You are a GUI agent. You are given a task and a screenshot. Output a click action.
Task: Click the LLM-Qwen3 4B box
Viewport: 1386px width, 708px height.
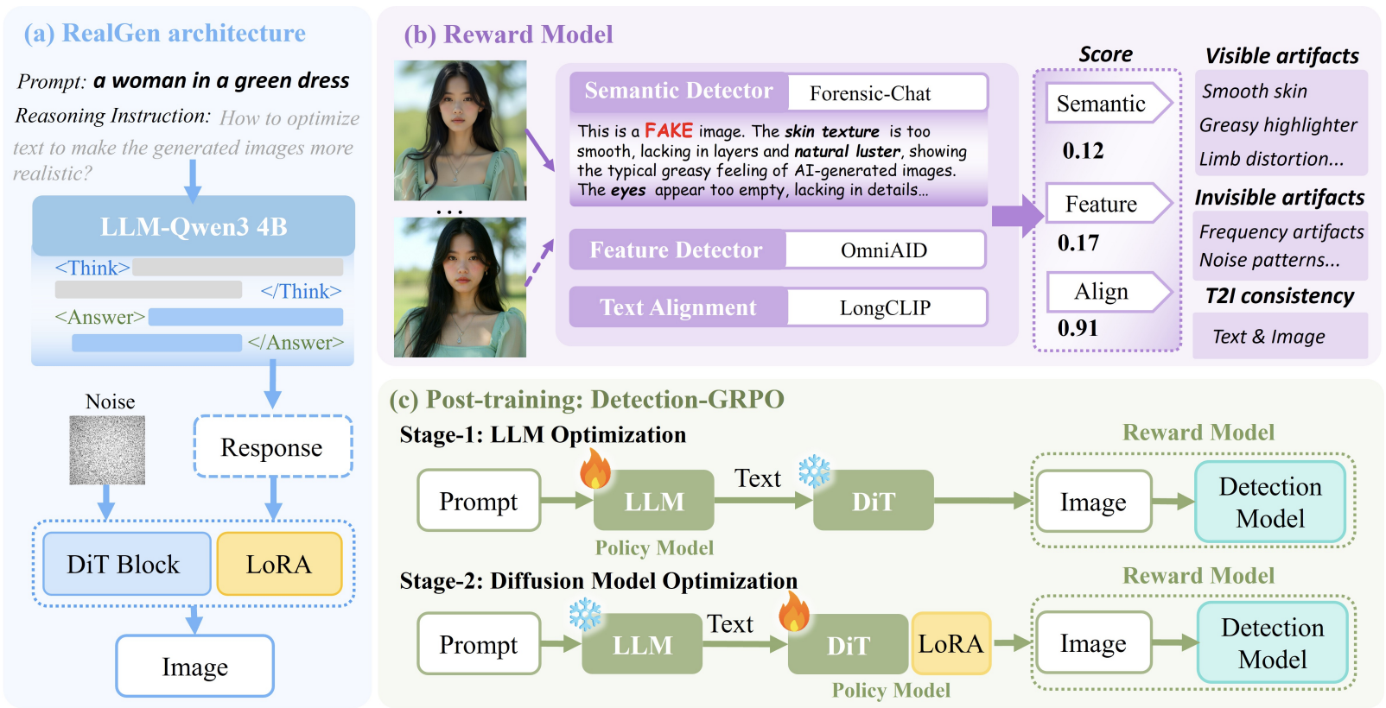(x=194, y=226)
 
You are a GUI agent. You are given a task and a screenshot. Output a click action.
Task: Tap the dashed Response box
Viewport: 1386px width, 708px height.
(x=272, y=447)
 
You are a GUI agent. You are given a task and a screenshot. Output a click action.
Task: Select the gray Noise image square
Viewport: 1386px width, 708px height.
(x=107, y=450)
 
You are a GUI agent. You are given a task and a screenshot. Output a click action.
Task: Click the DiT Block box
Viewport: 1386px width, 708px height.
(x=123, y=564)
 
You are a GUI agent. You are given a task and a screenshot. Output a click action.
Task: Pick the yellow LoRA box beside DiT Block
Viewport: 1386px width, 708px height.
(x=279, y=564)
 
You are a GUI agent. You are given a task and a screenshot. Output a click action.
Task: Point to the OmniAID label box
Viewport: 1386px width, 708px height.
(x=884, y=250)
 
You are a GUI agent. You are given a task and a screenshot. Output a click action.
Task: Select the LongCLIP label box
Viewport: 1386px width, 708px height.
(x=886, y=308)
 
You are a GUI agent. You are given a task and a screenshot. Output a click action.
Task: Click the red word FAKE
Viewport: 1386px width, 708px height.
(x=669, y=130)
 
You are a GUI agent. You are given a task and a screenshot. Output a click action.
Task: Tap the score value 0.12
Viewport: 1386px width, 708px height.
(x=1084, y=151)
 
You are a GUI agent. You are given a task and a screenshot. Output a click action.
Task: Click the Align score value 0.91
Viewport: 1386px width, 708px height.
(x=1078, y=328)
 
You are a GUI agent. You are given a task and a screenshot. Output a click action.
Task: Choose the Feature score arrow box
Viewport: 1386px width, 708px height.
(x=1105, y=204)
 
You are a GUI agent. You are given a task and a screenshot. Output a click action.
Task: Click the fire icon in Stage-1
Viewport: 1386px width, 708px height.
(x=595, y=471)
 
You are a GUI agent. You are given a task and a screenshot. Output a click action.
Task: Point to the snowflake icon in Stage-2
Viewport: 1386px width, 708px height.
(x=585, y=614)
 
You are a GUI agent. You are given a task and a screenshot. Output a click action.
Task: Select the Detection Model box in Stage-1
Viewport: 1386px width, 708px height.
(x=1270, y=502)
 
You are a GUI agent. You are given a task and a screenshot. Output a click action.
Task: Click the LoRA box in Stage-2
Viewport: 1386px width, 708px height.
(x=950, y=644)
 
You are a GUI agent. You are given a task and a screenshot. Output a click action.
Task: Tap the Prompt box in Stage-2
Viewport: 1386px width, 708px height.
(x=478, y=644)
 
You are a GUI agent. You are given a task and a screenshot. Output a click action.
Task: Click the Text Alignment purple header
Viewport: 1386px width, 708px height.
(x=677, y=308)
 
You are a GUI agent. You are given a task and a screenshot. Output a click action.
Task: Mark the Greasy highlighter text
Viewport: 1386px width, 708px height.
(x=1278, y=125)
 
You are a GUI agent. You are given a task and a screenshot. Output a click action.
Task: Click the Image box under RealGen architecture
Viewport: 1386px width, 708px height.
(x=195, y=667)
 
